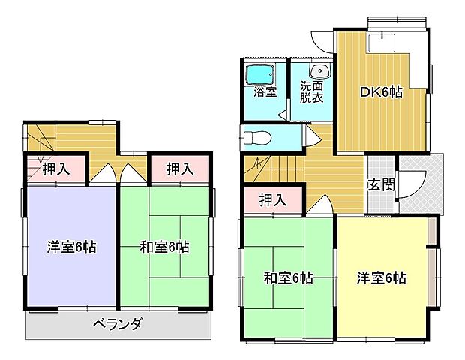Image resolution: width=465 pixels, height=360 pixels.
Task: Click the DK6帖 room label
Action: [x=382, y=92]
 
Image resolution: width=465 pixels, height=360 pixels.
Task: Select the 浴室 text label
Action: [x=265, y=92]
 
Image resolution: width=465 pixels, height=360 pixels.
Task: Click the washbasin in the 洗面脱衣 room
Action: [x=322, y=71]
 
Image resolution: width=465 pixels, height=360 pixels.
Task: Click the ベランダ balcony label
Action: [x=118, y=324]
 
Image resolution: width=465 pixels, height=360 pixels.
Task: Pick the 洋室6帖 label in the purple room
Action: [x=71, y=246]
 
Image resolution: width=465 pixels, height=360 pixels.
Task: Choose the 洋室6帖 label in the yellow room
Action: [x=381, y=277]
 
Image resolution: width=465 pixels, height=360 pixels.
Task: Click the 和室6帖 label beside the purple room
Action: [x=164, y=246]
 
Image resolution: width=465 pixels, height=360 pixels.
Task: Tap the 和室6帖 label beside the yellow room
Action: [x=288, y=278]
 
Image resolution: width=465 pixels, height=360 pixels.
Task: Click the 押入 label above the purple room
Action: [x=55, y=169]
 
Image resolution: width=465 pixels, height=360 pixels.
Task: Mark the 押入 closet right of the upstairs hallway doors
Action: [x=180, y=169]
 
